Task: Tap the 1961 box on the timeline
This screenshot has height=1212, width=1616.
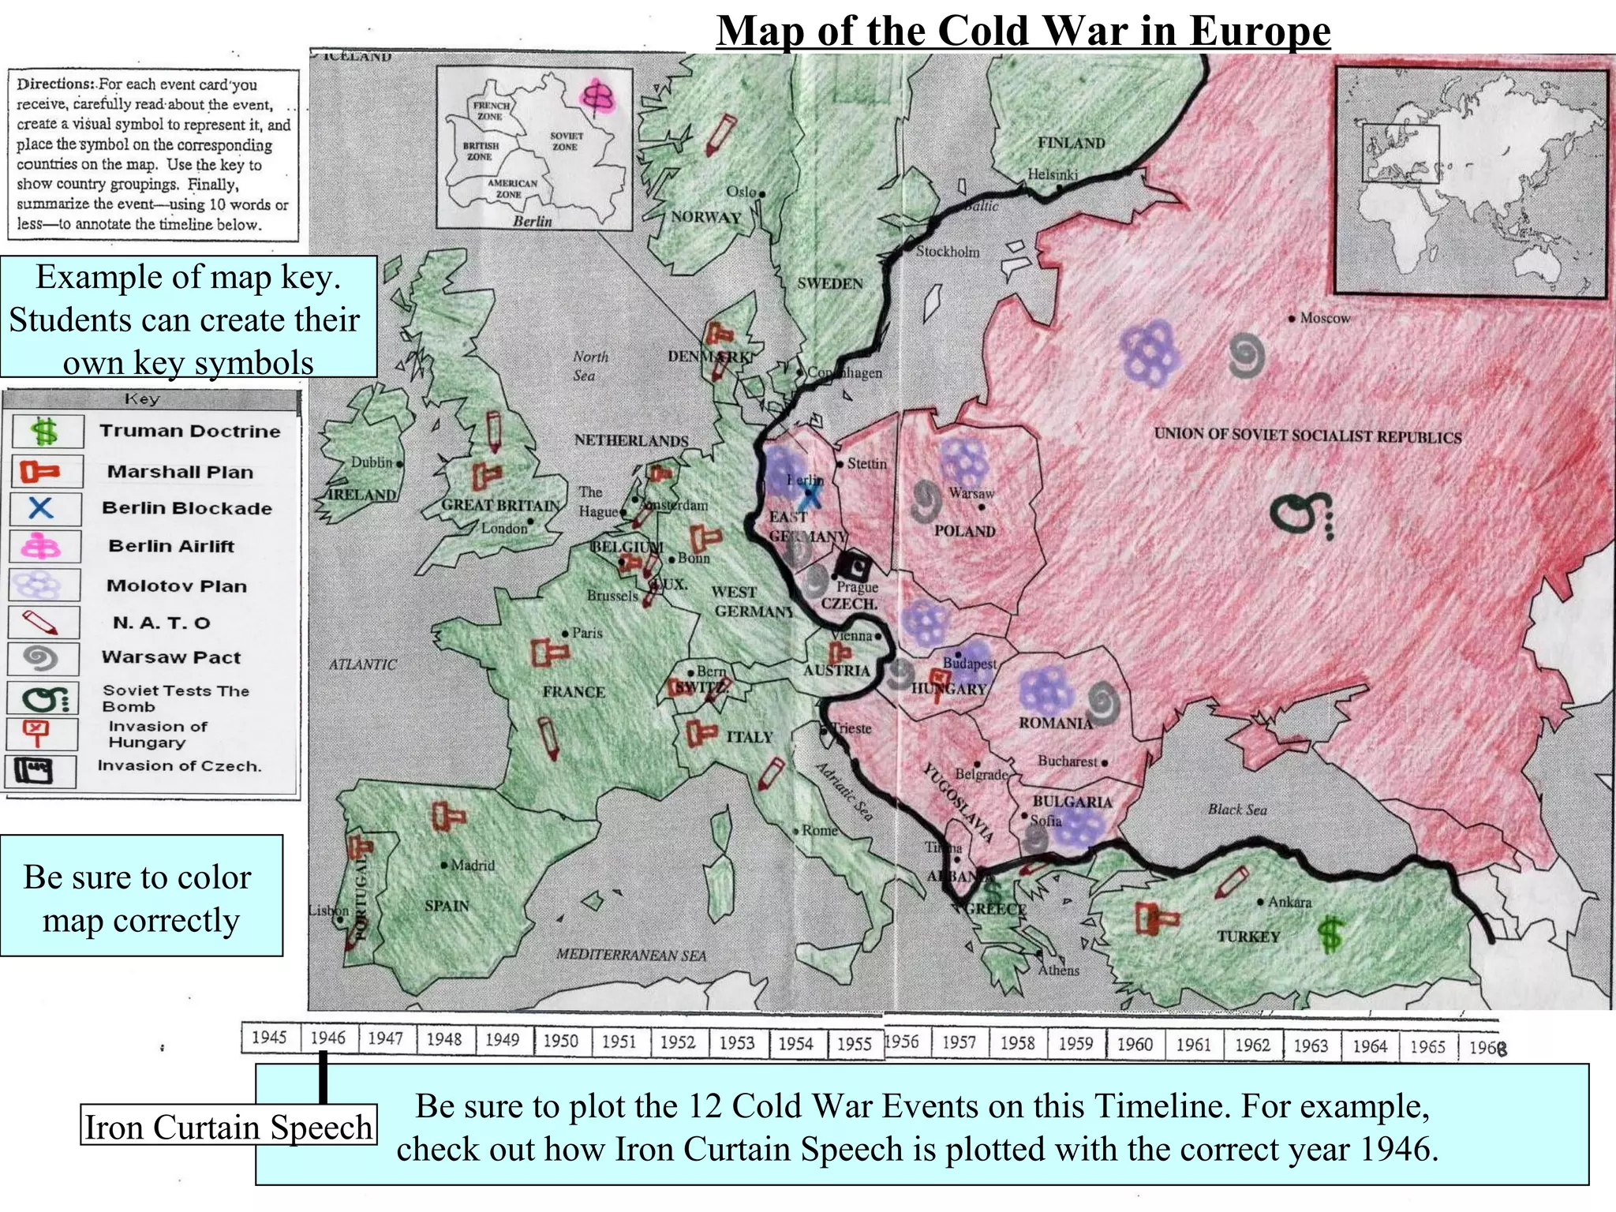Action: coord(1193,1045)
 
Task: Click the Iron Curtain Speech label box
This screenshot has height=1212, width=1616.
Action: coord(228,1126)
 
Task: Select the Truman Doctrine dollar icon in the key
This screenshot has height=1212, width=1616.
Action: coord(45,432)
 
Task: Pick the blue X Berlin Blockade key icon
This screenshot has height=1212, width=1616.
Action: coord(42,507)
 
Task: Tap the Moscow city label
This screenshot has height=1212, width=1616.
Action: coord(1324,318)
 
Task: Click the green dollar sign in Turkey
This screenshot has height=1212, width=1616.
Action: coord(1330,933)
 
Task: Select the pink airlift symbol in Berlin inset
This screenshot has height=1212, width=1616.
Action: coord(597,96)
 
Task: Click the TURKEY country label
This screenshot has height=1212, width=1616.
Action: coord(1248,937)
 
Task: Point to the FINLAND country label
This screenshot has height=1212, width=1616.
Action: coord(1071,143)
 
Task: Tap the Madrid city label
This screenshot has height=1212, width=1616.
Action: coord(472,865)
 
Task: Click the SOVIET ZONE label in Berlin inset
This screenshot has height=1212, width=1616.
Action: coord(564,141)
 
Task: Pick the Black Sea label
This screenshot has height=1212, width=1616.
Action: coord(1236,810)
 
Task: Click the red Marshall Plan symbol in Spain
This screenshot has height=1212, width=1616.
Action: coord(447,817)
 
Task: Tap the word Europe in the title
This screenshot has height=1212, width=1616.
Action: coord(1259,32)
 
